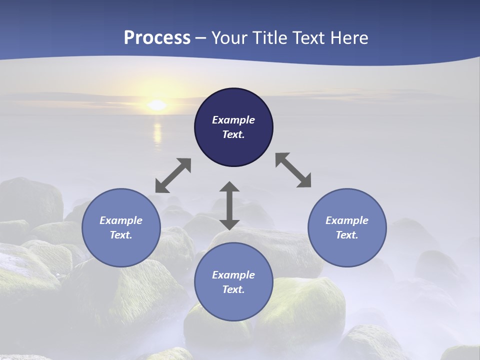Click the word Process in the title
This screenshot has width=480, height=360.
157,38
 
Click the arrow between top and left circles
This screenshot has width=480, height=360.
173,175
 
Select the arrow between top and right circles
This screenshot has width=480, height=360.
293,170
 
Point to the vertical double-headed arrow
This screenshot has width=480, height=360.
229,205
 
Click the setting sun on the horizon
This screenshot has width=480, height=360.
157,105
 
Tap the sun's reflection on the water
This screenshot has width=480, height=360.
157,133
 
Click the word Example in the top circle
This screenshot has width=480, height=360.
233,120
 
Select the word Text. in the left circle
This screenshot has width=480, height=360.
121,235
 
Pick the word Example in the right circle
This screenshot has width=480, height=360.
347,220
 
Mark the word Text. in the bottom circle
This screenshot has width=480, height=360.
233,289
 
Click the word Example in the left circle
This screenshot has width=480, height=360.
121,220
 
